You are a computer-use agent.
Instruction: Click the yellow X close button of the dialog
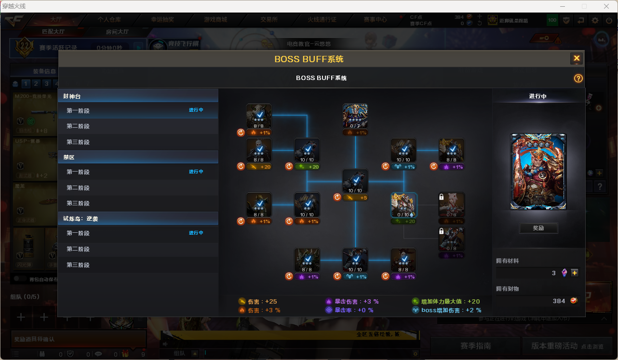577,59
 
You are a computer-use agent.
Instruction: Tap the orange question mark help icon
578,79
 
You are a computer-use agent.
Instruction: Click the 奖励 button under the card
538,228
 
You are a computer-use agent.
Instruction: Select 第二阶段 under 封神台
78,126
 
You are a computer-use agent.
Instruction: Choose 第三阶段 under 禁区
78,203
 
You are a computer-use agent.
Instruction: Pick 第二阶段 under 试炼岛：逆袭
78,249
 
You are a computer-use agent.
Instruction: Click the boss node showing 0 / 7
355,116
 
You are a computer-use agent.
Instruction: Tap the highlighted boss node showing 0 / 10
403,205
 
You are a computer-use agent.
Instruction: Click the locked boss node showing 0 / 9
452,205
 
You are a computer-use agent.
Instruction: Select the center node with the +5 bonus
355,181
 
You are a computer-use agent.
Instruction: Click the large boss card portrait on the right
538,172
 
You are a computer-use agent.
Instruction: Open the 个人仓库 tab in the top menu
109,20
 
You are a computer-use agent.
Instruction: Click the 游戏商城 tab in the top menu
215,20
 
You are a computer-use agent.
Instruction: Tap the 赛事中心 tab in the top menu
375,20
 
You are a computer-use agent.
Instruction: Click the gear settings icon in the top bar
595,20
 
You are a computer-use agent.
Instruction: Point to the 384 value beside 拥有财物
559,301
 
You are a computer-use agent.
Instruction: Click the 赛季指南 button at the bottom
475,346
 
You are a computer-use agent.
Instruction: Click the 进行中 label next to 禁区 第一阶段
196,172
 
